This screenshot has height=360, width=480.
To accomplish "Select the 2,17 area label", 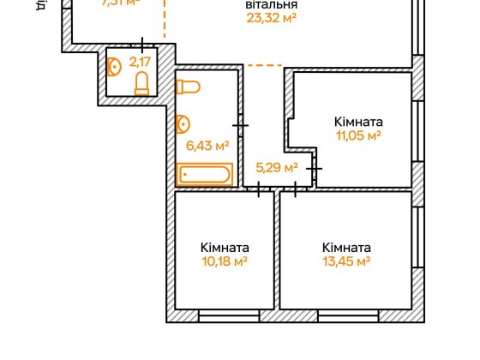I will [138, 62].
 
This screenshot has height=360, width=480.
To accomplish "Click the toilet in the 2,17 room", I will [142, 83].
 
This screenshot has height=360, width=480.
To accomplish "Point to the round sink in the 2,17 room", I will [114, 65].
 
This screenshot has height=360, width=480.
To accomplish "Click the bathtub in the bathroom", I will [205, 175].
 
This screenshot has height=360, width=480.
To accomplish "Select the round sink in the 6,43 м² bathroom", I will [183, 125].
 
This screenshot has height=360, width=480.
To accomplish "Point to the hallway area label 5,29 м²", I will [277, 167].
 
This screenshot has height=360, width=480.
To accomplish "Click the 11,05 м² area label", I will [357, 135].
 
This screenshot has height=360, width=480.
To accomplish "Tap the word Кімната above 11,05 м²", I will [358, 122].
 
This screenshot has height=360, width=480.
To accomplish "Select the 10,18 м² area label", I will [225, 261].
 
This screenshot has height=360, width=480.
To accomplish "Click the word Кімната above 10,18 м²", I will [225, 247].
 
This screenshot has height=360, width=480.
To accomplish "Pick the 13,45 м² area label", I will [346, 261].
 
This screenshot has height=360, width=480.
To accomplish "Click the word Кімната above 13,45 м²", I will [346, 247].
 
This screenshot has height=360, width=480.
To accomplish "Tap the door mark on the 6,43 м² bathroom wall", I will [241, 127].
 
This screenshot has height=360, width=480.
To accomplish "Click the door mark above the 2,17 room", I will [141, 44].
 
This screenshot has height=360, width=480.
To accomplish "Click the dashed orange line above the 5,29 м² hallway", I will [263, 65].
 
